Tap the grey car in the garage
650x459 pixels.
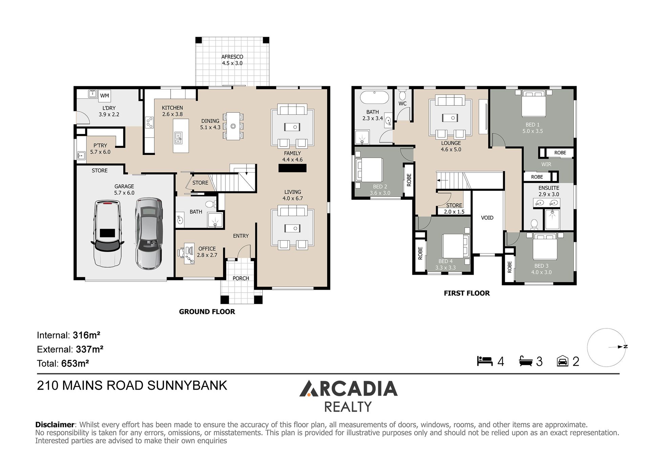[149, 233]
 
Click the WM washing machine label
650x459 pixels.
[105, 96]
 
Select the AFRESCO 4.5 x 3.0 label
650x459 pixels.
[232, 60]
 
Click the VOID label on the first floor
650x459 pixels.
[487, 218]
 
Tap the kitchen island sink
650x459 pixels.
[178, 137]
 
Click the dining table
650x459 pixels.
[233, 126]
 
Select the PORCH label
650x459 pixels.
[241, 278]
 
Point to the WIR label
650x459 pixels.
[546, 164]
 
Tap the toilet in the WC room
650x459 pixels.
[402, 93]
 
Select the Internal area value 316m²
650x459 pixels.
[86, 335]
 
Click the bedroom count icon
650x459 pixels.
[485, 361]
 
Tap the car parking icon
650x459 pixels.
[563, 361]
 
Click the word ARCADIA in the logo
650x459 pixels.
[348, 389]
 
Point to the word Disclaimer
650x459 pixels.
[55, 425]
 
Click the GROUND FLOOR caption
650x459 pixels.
[207, 312]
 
